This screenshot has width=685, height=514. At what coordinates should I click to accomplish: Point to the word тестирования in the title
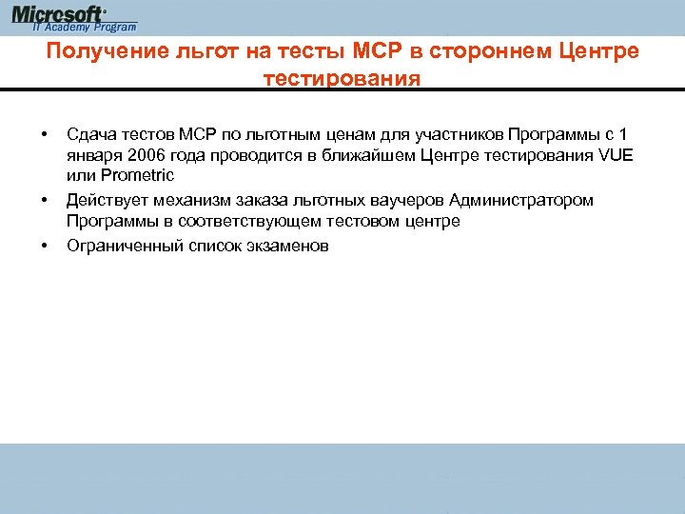(x=341, y=77)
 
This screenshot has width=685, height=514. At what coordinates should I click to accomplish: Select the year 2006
(x=145, y=154)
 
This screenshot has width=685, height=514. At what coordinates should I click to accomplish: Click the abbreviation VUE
(x=611, y=154)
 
